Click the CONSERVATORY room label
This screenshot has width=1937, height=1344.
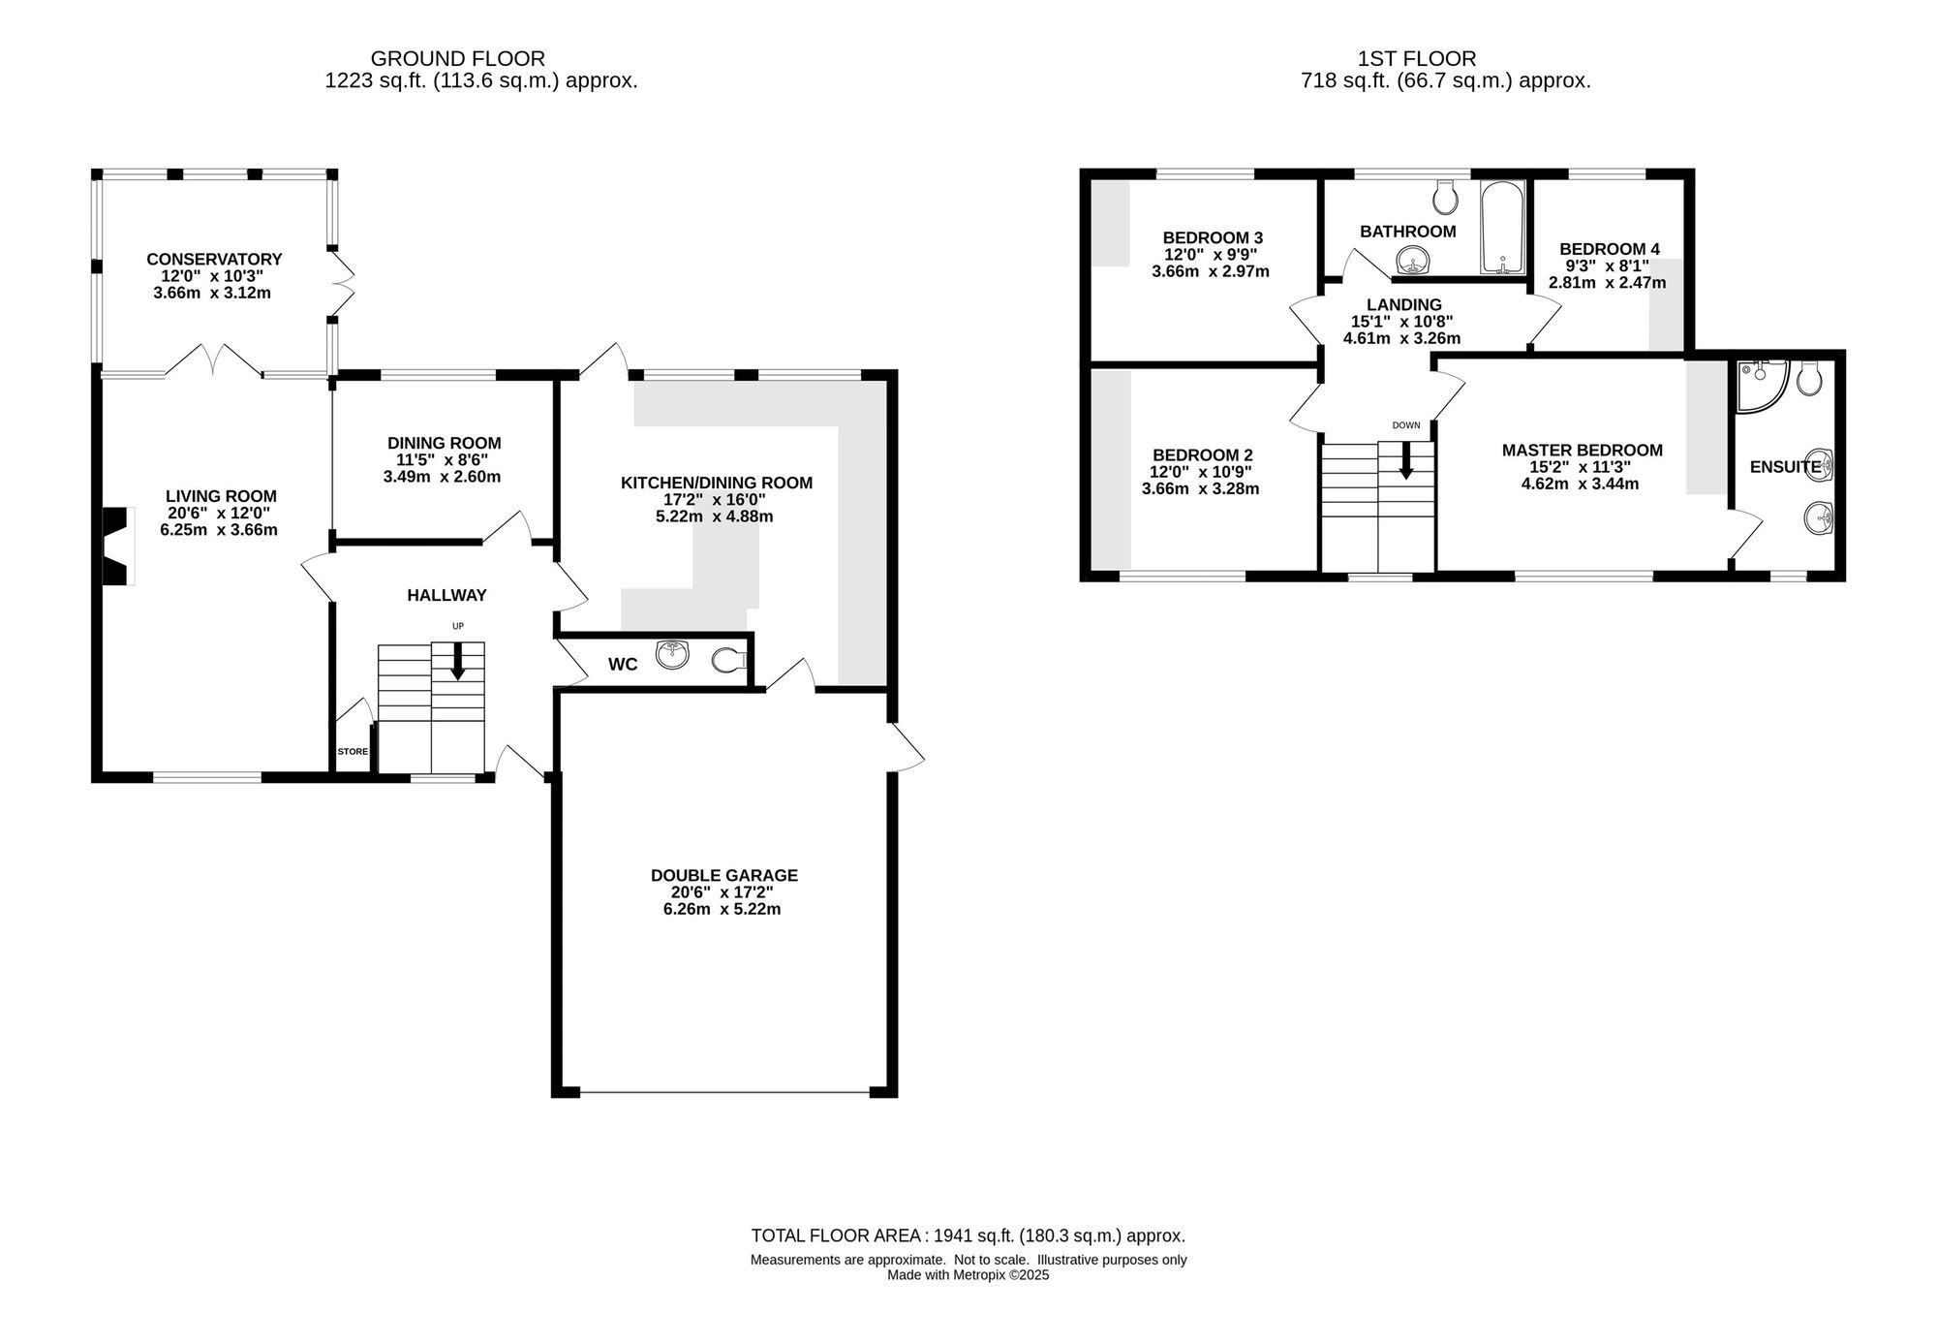pyautogui.click(x=214, y=259)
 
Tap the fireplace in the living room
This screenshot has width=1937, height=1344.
pyautogui.click(x=117, y=547)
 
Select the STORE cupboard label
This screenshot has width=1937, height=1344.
pyautogui.click(x=353, y=751)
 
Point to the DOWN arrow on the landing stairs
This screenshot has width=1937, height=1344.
pyautogui.click(x=1405, y=461)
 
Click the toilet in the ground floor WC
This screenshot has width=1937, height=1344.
pyautogui.click(x=730, y=661)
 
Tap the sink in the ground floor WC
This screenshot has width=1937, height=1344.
pyautogui.click(x=672, y=655)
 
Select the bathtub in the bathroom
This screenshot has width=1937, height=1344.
pyautogui.click(x=1502, y=227)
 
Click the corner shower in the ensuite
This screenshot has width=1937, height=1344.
pyautogui.click(x=1760, y=384)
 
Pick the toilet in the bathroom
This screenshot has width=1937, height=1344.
pyautogui.click(x=1446, y=197)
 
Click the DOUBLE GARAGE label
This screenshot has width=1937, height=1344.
pyautogui.click(x=724, y=875)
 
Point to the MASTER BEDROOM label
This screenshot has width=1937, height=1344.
pyautogui.click(x=1583, y=450)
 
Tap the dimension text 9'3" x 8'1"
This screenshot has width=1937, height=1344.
pyautogui.click(x=1608, y=266)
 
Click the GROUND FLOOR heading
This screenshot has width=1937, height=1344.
pyautogui.click(x=458, y=59)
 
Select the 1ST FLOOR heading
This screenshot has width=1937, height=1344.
pyautogui.click(x=1417, y=59)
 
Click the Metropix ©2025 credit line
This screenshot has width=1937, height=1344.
pyautogui.click(x=968, y=1275)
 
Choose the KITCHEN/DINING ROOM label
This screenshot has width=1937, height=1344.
pyautogui.click(x=717, y=483)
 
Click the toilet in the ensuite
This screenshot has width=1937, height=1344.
pyautogui.click(x=1808, y=378)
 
